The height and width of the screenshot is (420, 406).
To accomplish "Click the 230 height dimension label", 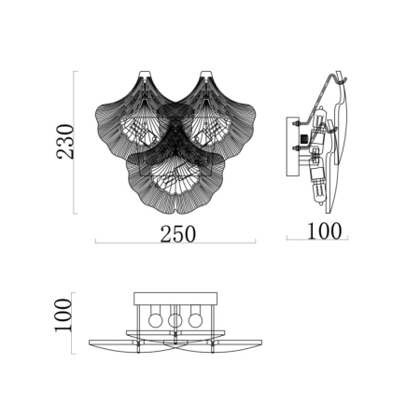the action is pyautogui.click(x=65, y=142).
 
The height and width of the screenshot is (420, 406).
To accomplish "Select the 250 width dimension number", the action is pyautogui.click(x=178, y=234).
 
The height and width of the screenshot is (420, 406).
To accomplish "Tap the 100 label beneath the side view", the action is pyautogui.click(x=324, y=231).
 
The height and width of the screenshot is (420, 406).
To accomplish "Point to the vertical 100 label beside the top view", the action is pyautogui.click(x=63, y=315).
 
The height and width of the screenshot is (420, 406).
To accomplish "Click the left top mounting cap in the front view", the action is pyautogui.click(x=146, y=74).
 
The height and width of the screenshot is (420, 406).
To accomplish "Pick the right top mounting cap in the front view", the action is pyautogui.click(x=206, y=74).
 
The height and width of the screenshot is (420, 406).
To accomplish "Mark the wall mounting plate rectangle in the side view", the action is pyautogui.click(x=293, y=147).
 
